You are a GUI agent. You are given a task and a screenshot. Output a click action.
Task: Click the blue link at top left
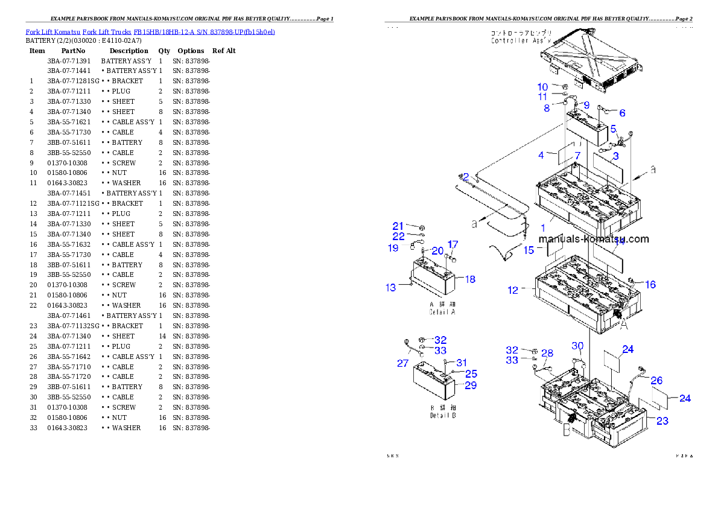pos(150,31)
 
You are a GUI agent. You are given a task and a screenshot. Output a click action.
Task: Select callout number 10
pos(542,87)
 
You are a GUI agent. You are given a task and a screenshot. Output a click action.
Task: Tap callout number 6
pos(622,113)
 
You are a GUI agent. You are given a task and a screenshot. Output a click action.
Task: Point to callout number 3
pos(615,156)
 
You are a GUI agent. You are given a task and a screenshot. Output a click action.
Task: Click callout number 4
pos(541,156)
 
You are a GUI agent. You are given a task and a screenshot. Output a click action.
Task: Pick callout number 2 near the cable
pos(466,177)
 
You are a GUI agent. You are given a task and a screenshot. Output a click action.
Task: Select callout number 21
pos(398,226)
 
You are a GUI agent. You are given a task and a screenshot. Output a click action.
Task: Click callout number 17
pos(453,245)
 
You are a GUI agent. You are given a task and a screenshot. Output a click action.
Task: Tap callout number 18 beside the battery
pos(470,279)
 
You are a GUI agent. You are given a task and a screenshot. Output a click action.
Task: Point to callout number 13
pos(391,288)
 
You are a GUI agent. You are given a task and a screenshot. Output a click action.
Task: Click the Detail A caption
pos(442,309)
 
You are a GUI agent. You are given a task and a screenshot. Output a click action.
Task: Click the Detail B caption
pos(442,412)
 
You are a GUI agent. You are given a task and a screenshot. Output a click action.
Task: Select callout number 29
pos(471,386)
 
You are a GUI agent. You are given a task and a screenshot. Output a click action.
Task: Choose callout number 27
pos(402,364)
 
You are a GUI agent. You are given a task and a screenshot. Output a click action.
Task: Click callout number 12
pos(513,290)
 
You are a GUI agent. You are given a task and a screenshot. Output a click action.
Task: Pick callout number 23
pos(662,421)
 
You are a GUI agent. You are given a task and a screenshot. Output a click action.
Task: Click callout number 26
pos(656,381)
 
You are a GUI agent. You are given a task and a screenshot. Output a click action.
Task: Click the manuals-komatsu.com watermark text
pos(594,239)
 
